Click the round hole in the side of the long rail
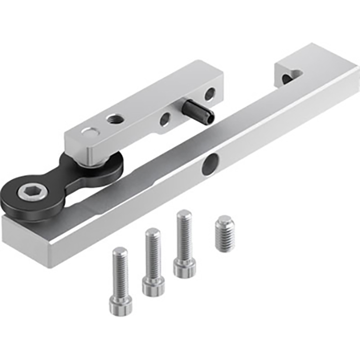coord(209,165)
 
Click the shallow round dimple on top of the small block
coord(89,132)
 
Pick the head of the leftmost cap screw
coord(120,304)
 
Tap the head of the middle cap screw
coord(153,285)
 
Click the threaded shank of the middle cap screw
coord(153,252)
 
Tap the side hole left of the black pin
coord(165,120)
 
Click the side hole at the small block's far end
coord(210,94)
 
